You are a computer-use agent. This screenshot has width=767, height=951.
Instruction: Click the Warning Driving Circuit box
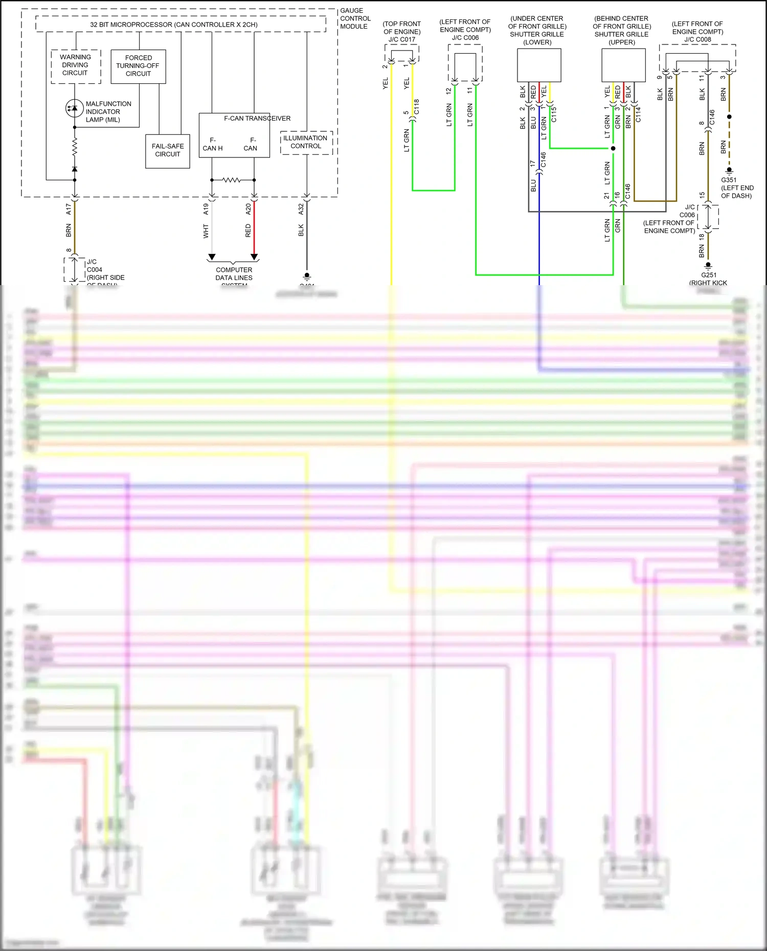coord(76,65)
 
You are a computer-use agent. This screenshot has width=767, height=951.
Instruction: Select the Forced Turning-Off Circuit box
coord(138,66)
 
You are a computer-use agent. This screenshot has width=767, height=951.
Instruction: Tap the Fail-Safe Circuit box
coord(168,150)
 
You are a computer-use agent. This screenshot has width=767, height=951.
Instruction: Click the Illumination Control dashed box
coord(306,142)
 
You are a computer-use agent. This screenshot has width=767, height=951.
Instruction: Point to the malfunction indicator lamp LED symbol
coord(75,108)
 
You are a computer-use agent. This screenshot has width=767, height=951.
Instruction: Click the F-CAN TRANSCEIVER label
coord(257,119)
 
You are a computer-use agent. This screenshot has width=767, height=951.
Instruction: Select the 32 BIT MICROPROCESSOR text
coord(174,25)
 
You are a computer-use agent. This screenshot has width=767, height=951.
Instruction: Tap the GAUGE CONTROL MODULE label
coord(355,18)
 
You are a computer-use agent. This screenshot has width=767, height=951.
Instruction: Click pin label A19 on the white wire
coord(206,209)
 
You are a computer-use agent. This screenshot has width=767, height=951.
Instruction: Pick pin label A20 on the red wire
coord(249,209)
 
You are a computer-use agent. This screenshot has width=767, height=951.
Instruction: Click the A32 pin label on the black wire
coord(301,209)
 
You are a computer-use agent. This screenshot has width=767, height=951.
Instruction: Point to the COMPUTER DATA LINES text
coord(234,274)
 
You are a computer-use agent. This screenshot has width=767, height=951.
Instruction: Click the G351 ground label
coord(729,180)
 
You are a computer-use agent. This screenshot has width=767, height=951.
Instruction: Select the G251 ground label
coord(708,275)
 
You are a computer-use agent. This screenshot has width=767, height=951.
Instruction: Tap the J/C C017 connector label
coord(402,39)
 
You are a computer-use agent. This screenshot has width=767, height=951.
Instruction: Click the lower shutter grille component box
coord(539,65)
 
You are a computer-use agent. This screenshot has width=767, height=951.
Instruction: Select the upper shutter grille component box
coord(623,65)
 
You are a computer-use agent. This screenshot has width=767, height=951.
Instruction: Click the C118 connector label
coord(417,107)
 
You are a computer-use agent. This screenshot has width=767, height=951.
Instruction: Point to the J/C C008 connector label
coord(697,39)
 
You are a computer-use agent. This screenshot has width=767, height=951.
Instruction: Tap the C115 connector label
coord(554,114)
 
